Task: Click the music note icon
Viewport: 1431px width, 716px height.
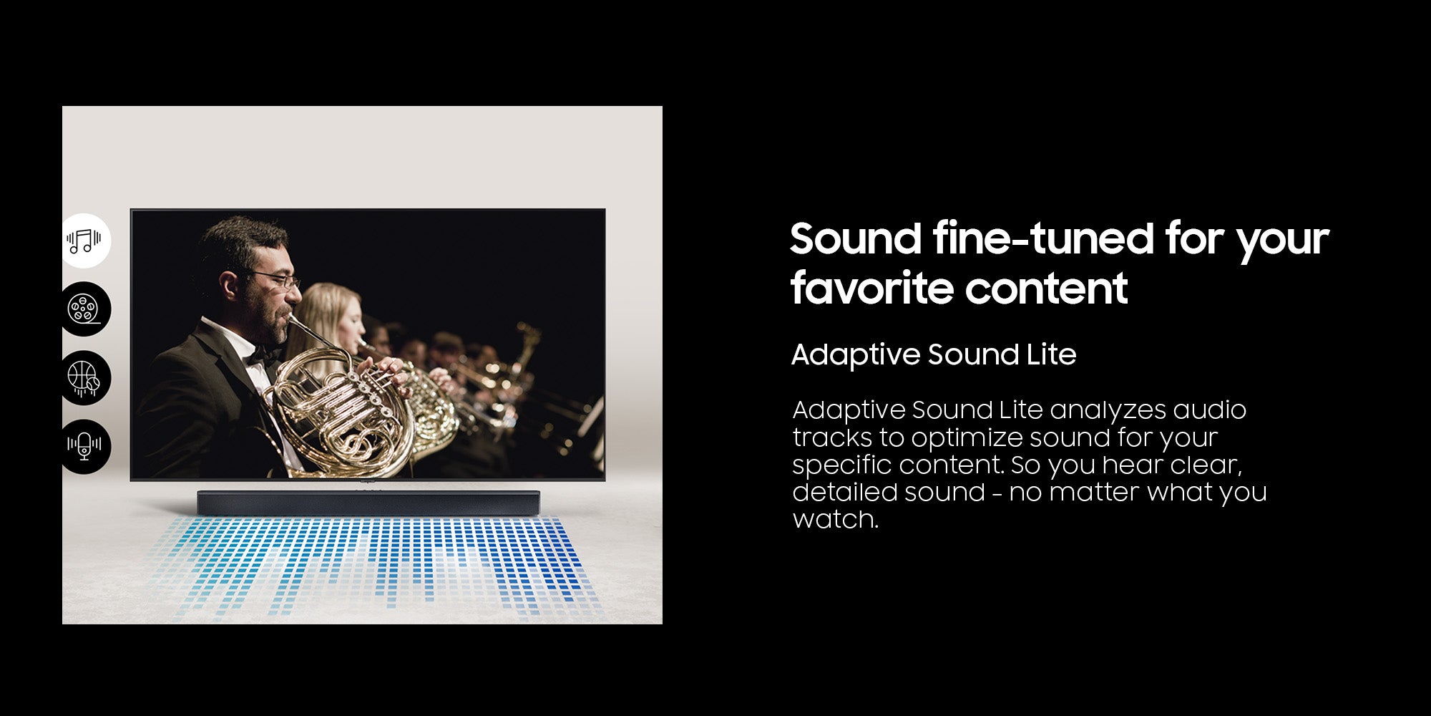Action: pos(84,241)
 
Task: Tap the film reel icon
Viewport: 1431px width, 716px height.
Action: pos(84,309)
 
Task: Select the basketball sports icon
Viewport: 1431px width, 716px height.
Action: pos(83,378)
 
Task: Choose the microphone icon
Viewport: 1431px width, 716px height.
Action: pos(84,445)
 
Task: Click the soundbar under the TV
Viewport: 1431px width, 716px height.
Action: pos(368,503)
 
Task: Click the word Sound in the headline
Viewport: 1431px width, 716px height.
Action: pos(856,238)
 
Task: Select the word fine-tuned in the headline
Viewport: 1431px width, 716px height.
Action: pos(1043,238)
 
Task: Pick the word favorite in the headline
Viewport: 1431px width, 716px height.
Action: pos(871,289)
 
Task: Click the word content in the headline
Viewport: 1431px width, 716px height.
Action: pos(1046,289)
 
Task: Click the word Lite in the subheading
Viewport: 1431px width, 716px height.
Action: pos(1052,354)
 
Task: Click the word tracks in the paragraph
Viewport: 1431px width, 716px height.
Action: pos(832,437)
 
